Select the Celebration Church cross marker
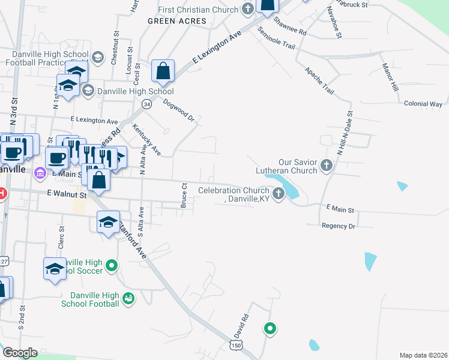278,193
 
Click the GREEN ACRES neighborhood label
177,21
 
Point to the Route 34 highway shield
146,104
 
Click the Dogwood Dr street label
179,110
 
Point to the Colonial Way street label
423,104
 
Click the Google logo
20,352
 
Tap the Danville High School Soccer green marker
111,265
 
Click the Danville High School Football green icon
128,298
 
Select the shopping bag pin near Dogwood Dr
163,71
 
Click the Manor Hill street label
391,78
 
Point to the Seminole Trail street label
276,37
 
